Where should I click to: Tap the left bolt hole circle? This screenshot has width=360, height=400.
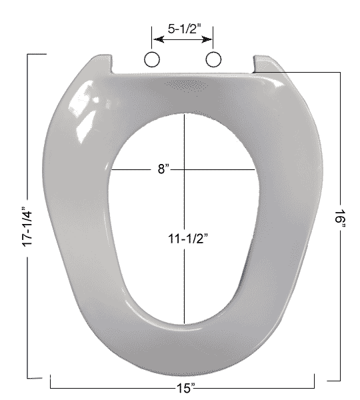[152, 60]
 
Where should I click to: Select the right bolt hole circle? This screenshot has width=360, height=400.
[213, 60]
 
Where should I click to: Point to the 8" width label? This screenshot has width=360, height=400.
[163, 170]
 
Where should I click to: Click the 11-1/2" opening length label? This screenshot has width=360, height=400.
[184, 237]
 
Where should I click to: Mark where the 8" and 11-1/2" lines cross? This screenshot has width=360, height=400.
[183, 170]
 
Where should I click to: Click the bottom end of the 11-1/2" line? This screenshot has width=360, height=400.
[183, 321]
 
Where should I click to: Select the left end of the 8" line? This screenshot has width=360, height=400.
[111, 170]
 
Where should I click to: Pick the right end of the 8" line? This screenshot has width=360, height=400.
[256, 170]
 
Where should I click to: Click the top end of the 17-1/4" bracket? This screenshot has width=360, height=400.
[27, 54]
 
